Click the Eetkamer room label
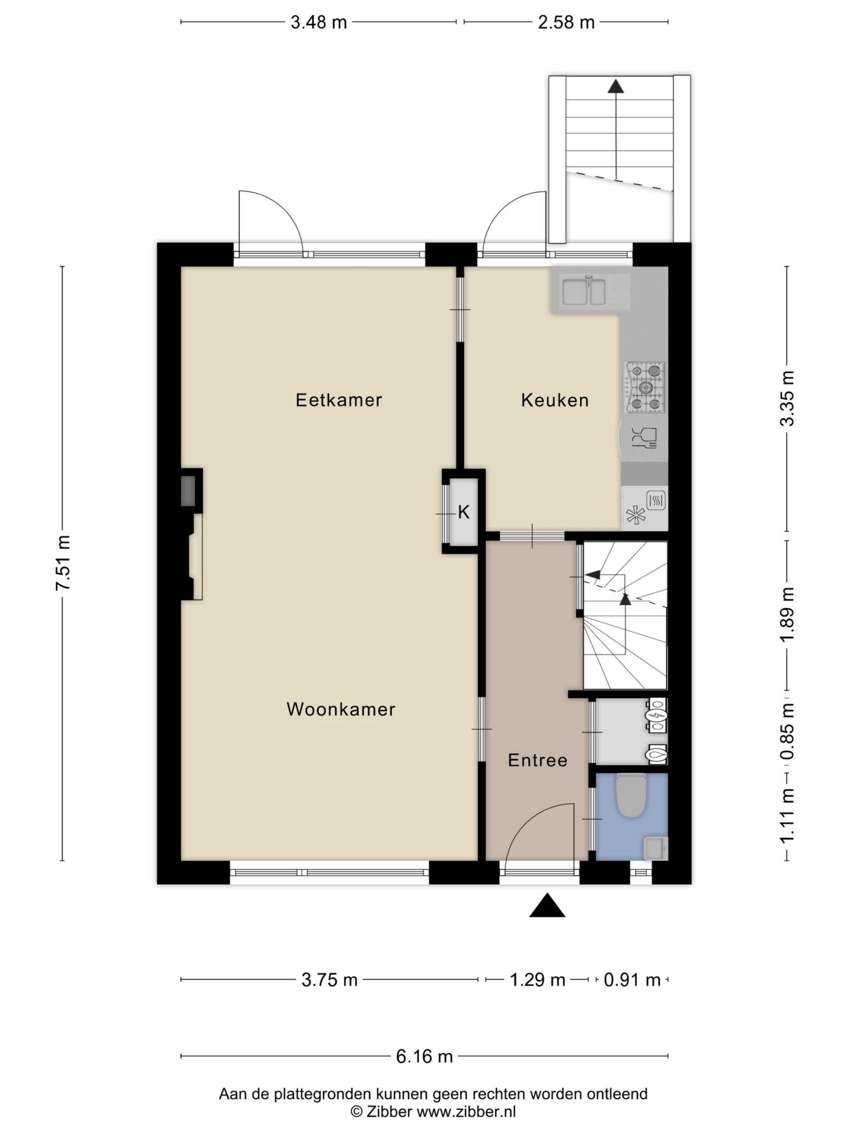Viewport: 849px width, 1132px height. coord(339,400)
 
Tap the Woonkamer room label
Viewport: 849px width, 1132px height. coord(341,709)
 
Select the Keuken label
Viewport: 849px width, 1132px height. coord(555,400)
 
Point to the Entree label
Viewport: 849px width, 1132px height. coord(537,760)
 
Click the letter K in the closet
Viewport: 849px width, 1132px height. coord(464,512)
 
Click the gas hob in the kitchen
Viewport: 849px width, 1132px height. coord(644,387)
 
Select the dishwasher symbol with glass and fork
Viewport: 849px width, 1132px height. coord(644,438)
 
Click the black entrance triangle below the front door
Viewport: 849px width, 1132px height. coord(547,905)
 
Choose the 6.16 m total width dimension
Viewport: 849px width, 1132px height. coord(424,1056)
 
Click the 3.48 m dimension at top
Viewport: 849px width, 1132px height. coord(319,22)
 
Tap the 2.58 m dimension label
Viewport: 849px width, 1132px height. coord(566,22)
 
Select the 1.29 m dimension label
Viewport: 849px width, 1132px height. coord(537,979)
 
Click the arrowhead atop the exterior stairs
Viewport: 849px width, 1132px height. coord(616,87)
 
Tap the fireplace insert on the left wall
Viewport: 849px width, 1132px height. coord(188,491)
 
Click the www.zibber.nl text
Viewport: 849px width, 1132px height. coord(466,1112)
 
